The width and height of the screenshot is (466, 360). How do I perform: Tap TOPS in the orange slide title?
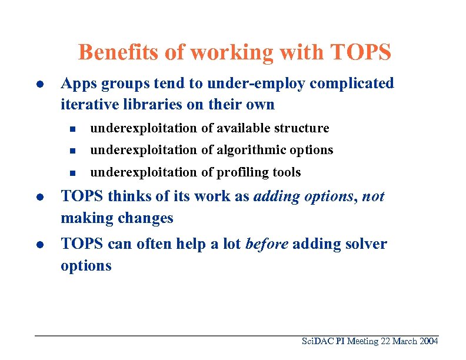[361, 52]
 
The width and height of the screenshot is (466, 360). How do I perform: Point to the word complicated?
[352, 84]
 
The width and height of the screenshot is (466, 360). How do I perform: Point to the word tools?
[286, 172]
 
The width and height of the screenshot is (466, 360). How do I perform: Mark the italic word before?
[267, 244]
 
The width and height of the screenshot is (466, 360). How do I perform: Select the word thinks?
[122, 196]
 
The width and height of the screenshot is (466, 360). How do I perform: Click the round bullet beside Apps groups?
[38, 84]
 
